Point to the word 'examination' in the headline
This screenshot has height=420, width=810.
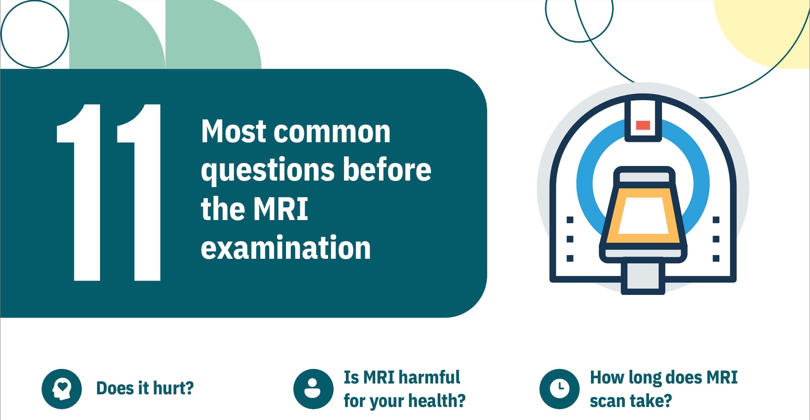tap(286, 248)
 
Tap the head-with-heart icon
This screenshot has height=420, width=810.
tap(62, 389)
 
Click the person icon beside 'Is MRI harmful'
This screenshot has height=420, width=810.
tap(313, 389)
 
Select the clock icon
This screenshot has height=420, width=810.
tap(559, 389)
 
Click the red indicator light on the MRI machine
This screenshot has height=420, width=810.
tap(643, 125)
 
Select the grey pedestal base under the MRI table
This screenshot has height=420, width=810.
tap(643, 277)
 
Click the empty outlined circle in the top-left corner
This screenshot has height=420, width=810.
tap(35, 34)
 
